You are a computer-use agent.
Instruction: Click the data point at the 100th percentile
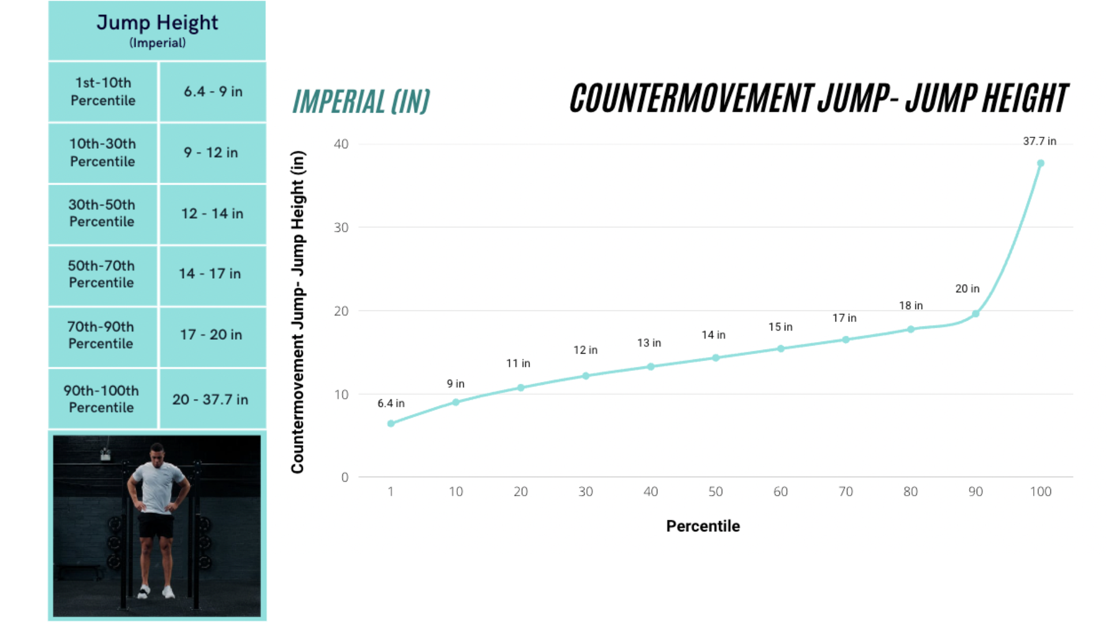tap(1041, 164)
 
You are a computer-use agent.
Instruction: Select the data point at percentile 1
tap(391, 423)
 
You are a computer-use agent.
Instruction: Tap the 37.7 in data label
tap(1040, 141)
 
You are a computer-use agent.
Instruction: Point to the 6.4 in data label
tap(391, 403)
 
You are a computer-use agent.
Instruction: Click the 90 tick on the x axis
tap(976, 491)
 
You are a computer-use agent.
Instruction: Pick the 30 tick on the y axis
tap(341, 228)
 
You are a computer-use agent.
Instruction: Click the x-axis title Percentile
tap(703, 526)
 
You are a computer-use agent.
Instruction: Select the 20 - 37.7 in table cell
tap(210, 399)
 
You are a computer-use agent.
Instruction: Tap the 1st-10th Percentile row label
tap(103, 92)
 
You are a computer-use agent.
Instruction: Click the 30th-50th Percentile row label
tap(102, 213)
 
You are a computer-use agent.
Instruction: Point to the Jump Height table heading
tap(157, 23)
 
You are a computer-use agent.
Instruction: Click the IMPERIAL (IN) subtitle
tap(361, 102)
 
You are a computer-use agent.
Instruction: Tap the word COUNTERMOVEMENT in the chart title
tap(691, 99)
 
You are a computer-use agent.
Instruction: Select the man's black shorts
tap(156, 525)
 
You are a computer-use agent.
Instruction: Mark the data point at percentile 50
tap(716, 358)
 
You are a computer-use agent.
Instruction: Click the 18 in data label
tap(911, 306)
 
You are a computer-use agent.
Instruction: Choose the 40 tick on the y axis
tap(341, 144)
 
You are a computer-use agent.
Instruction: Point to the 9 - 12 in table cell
tap(211, 152)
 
